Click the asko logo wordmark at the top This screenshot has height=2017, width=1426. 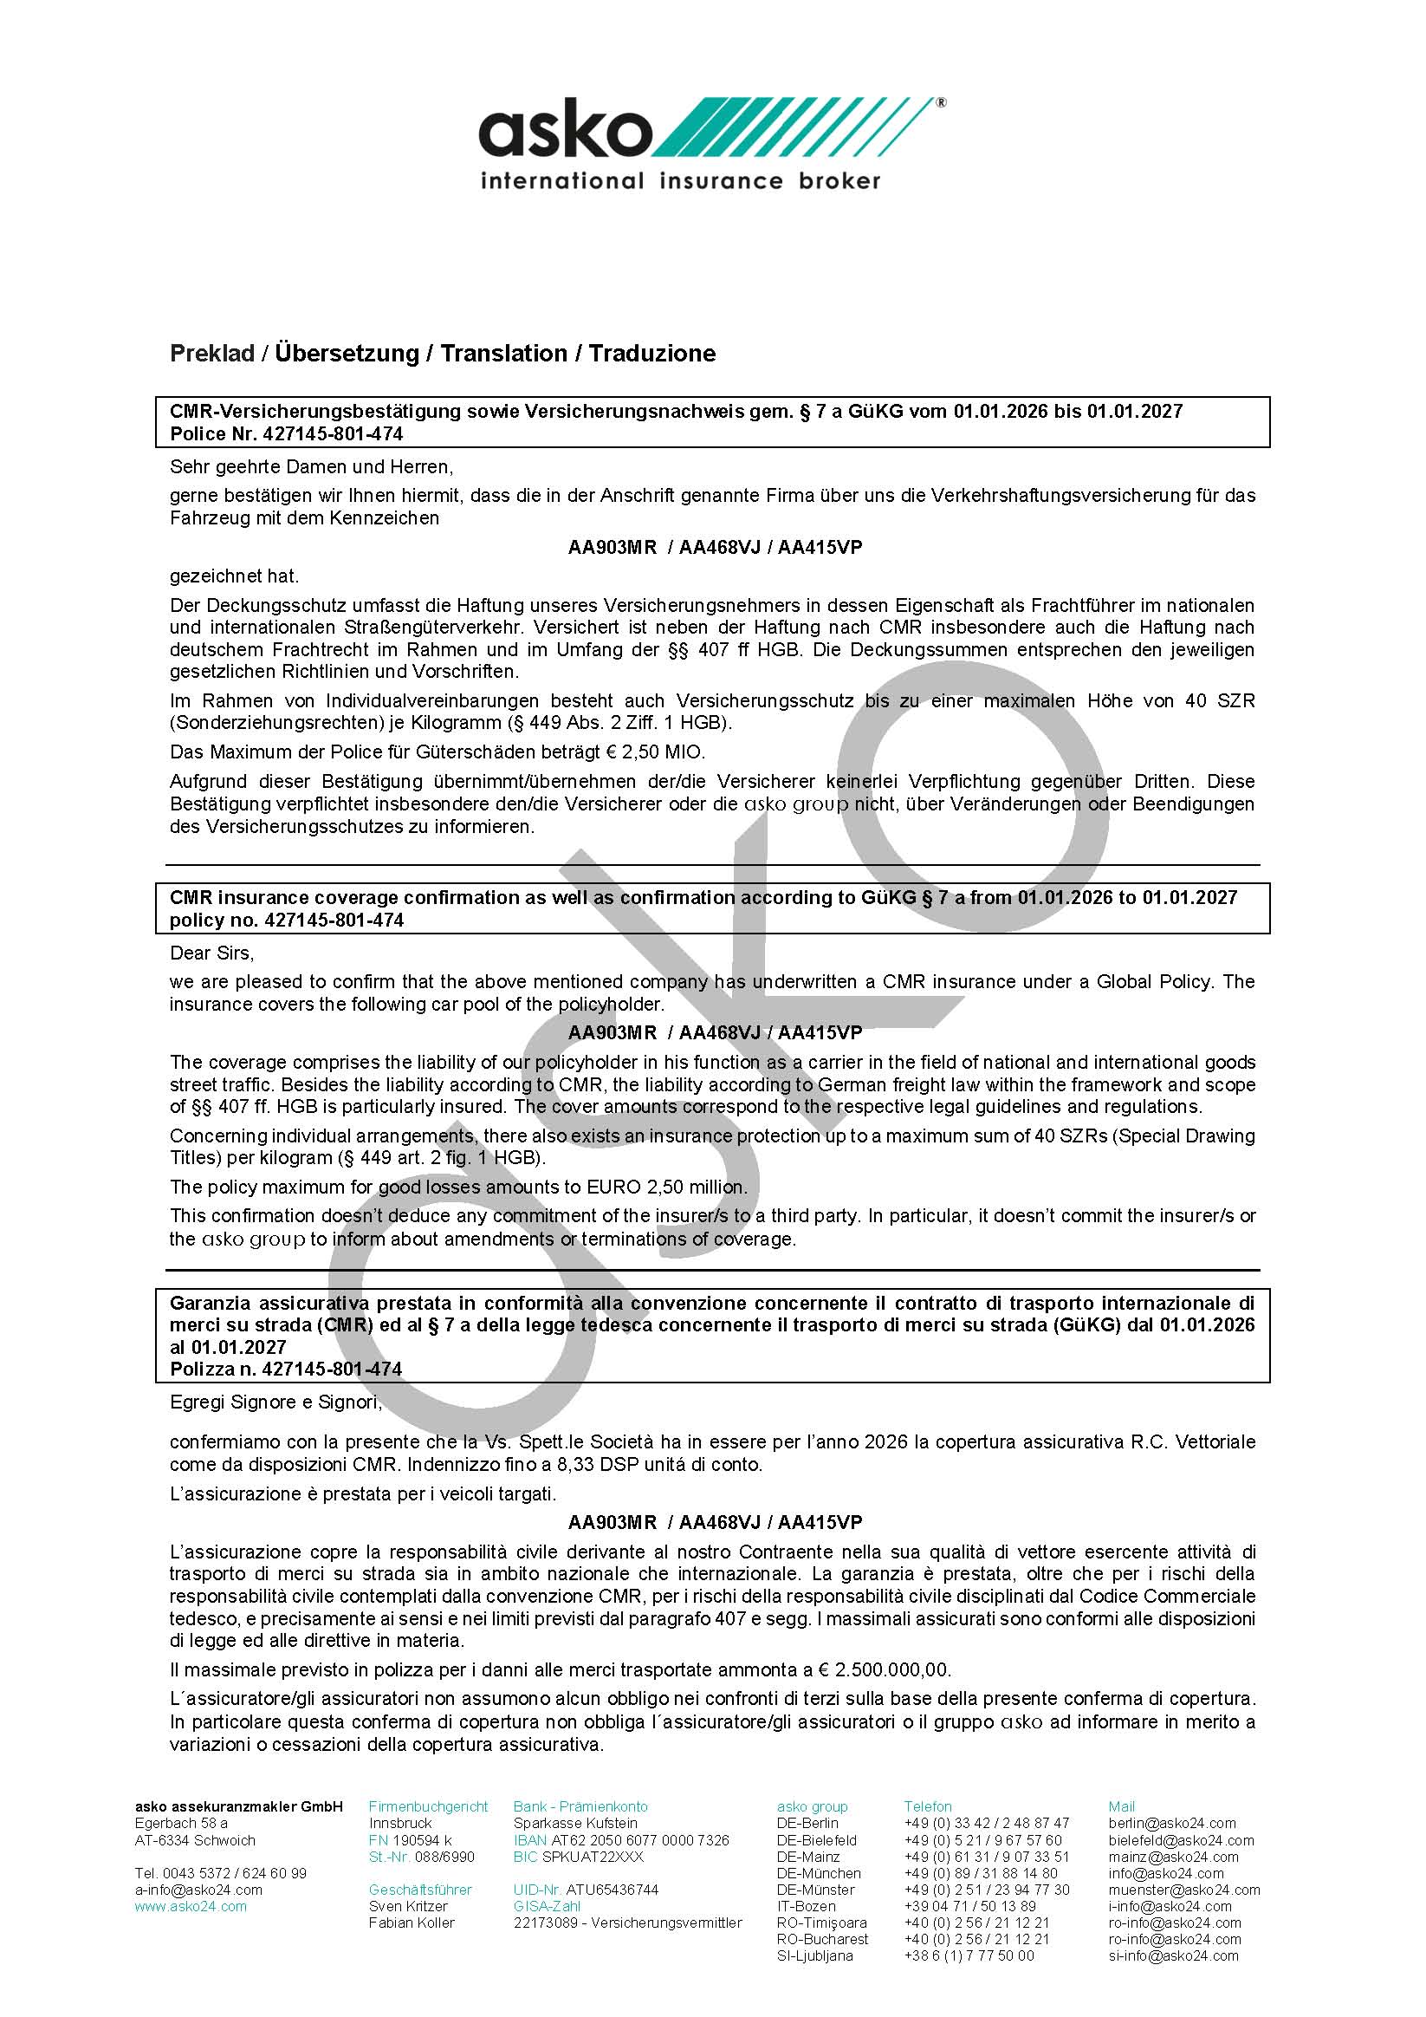pyautogui.click(x=567, y=132)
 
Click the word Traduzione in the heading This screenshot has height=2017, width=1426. pyautogui.click(x=651, y=353)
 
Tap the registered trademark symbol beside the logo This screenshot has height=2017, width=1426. pyautogui.click(x=942, y=103)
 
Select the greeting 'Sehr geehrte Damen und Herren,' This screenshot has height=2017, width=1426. pyautogui.click(x=312, y=466)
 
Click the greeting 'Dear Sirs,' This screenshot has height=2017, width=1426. pyautogui.click(x=211, y=953)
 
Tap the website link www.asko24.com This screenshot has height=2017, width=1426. pyautogui.click(x=191, y=1906)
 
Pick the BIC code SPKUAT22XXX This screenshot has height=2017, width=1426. pyautogui.click(x=593, y=1857)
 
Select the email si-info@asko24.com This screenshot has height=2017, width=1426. pyautogui.click(x=1173, y=1955)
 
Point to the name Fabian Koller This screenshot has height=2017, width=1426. pyautogui.click(x=411, y=1923)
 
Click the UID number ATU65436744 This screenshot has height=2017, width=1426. pyautogui.click(x=612, y=1890)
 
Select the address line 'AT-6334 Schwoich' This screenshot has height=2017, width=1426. pyautogui.click(x=195, y=1840)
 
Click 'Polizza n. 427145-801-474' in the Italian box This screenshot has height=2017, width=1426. pyautogui.click(x=286, y=1369)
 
